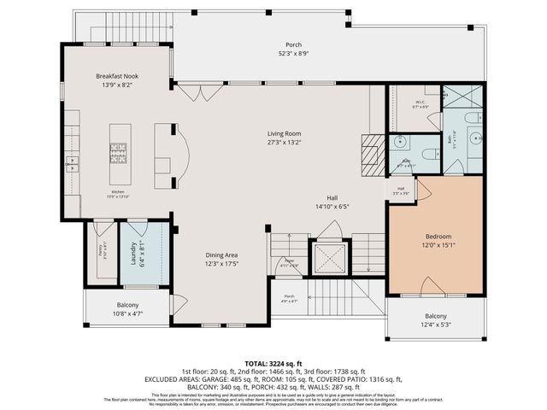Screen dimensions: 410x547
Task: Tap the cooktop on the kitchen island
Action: click(120, 152)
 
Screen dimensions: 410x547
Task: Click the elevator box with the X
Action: click(329, 257)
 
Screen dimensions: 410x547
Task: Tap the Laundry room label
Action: click(133, 254)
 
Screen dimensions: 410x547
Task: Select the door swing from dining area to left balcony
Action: click(179, 304)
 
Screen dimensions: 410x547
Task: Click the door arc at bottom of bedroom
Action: click(432, 286)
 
